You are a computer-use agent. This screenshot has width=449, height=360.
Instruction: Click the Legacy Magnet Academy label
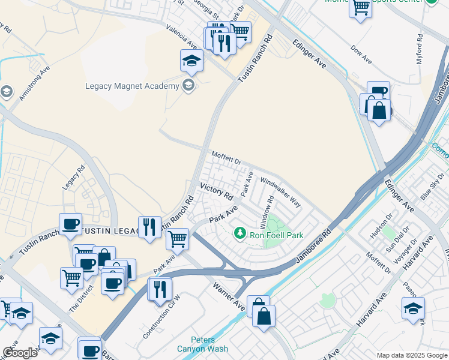(x=131, y=86)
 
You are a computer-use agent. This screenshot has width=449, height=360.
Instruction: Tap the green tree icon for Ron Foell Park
(x=240, y=232)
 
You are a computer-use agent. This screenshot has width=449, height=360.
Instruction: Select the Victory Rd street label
(x=216, y=191)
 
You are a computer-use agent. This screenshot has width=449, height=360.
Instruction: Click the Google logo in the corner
(x=20, y=353)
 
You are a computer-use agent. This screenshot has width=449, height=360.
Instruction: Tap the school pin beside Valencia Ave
(x=191, y=61)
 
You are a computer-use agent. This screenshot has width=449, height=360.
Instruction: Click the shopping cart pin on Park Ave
(x=177, y=239)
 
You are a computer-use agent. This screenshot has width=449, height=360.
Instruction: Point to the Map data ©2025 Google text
(x=411, y=355)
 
